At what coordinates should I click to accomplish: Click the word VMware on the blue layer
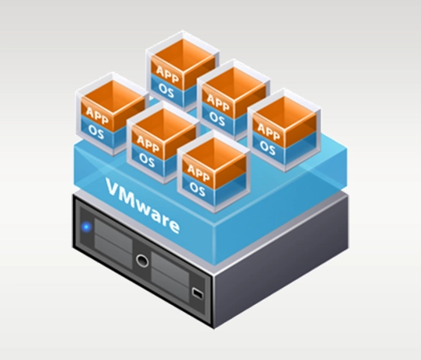tap(143, 206)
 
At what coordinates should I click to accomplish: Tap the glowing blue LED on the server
tap(86, 227)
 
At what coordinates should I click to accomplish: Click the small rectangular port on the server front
tap(197, 293)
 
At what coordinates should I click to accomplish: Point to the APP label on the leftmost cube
tap(97, 115)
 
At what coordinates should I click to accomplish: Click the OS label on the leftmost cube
tap(96, 132)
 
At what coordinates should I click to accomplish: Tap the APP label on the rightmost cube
tap(269, 131)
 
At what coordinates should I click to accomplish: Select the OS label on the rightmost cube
tap(267, 148)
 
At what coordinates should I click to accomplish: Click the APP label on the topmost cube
tap(167, 74)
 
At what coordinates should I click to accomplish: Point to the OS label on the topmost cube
tap(166, 91)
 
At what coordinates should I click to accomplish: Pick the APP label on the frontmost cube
tap(198, 172)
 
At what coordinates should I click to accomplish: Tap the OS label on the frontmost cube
tap(197, 189)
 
